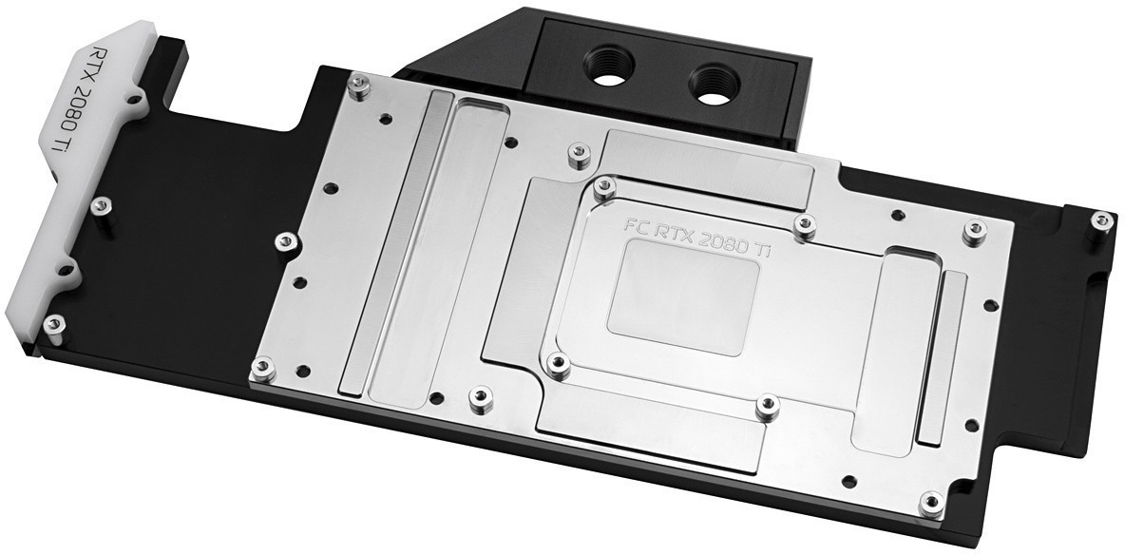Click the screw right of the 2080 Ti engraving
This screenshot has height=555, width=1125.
point(805,224)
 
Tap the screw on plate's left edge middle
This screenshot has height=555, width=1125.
point(282,239)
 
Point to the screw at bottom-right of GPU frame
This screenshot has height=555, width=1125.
point(768,406)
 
